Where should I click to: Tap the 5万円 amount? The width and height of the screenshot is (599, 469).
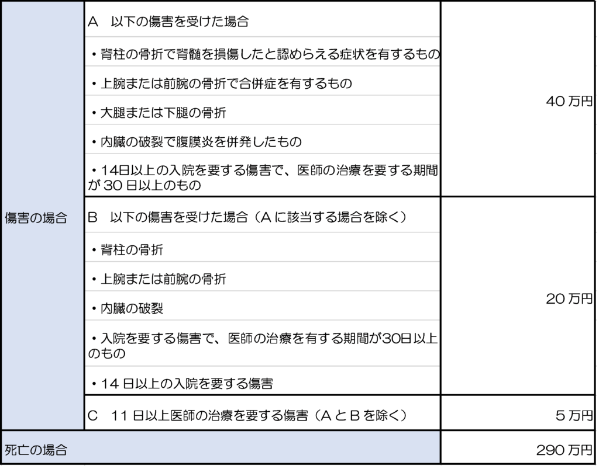point(574,415)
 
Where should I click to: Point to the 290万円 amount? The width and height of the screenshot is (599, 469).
point(564,450)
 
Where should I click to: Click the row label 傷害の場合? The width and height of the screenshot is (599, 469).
point(36,218)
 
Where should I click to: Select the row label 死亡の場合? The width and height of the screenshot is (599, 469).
point(36,450)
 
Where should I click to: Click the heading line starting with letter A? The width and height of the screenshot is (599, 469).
point(168,22)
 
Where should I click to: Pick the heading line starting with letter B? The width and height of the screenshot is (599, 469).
point(247,217)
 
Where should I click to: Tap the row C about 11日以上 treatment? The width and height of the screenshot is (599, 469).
point(247,415)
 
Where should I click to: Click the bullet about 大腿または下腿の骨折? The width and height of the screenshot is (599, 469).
point(159,113)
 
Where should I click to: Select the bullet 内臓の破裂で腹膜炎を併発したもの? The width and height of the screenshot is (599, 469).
point(197,142)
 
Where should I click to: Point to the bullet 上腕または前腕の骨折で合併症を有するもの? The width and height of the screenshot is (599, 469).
point(222,83)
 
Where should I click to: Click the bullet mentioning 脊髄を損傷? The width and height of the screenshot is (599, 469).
point(266,54)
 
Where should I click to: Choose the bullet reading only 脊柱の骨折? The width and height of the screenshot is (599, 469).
point(127,250)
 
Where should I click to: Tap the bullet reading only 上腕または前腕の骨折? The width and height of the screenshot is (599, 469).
point(159,279)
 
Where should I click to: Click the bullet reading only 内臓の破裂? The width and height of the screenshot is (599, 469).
point(127,308)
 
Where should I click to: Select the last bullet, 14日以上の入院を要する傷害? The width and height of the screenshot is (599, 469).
point(182,383)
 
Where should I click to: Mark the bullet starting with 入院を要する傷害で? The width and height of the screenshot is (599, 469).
point(263,345)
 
